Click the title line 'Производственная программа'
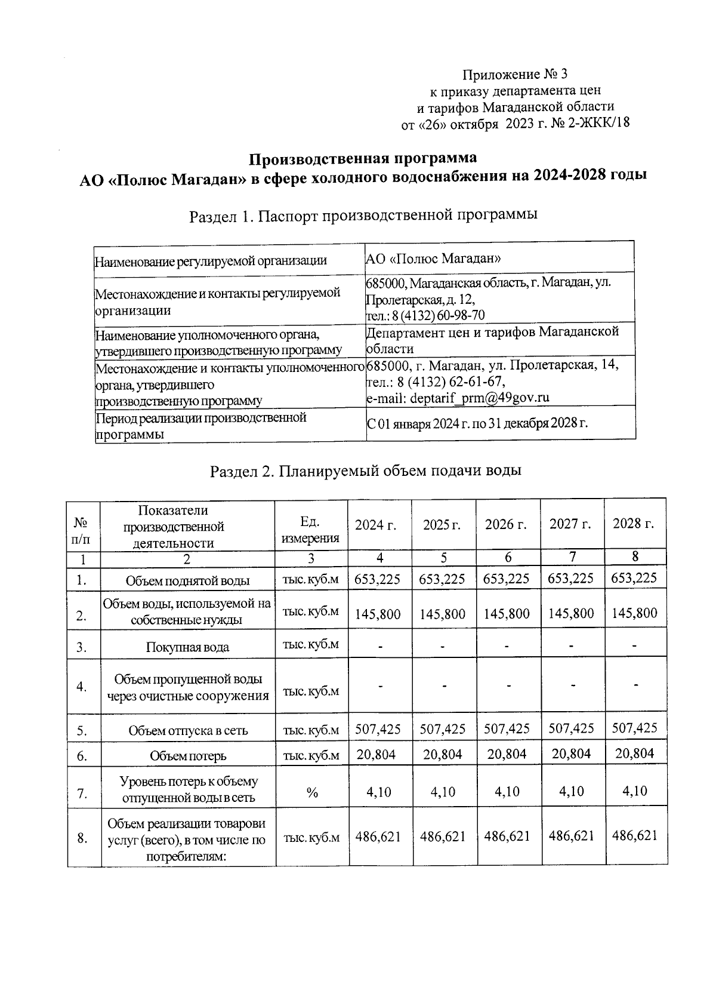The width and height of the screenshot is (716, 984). [363, 159]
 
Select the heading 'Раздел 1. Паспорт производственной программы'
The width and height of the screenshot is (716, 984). [363, 215]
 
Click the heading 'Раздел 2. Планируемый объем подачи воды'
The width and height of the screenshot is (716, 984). [366, 471]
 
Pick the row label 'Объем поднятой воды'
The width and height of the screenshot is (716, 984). [187, 580]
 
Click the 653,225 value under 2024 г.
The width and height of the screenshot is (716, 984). [378, 579]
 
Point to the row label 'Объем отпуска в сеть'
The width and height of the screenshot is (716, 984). [188, 731]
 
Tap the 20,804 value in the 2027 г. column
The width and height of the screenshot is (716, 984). [571, 754]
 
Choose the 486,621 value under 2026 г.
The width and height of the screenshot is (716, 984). [507, 836]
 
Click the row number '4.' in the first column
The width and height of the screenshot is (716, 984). [82, 687]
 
